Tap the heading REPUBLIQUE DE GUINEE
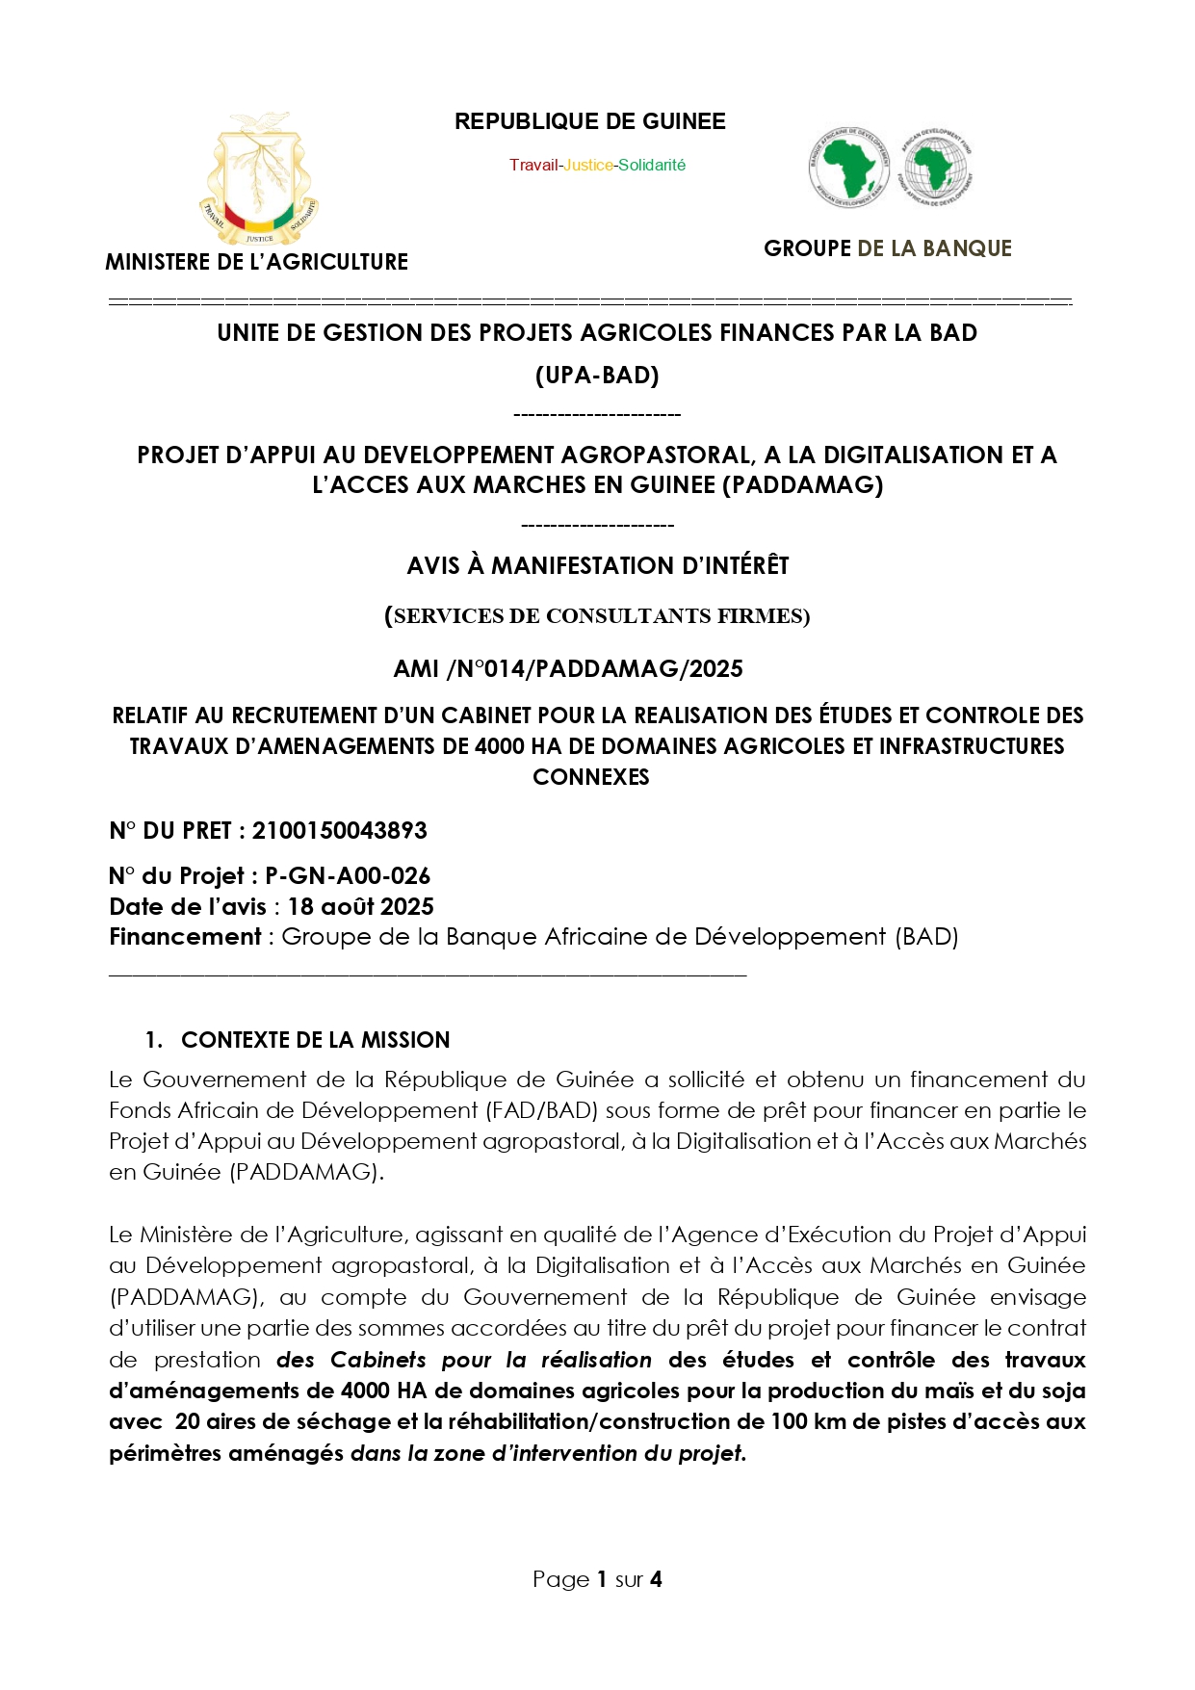589,122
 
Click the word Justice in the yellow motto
588,166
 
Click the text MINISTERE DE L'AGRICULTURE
256,262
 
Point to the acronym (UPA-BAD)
597,376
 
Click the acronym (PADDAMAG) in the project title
802,485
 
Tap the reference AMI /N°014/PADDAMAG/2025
568,669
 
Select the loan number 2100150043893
339,831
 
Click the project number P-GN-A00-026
347,876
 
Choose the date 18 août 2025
360,907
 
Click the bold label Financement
185,937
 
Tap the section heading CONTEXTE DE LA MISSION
315,1040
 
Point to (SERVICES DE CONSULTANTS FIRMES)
597,616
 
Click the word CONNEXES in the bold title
591,778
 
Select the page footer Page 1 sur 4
597,1579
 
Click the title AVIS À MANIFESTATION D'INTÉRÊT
597,566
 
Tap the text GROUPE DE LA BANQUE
887,249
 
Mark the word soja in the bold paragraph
1062,1391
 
